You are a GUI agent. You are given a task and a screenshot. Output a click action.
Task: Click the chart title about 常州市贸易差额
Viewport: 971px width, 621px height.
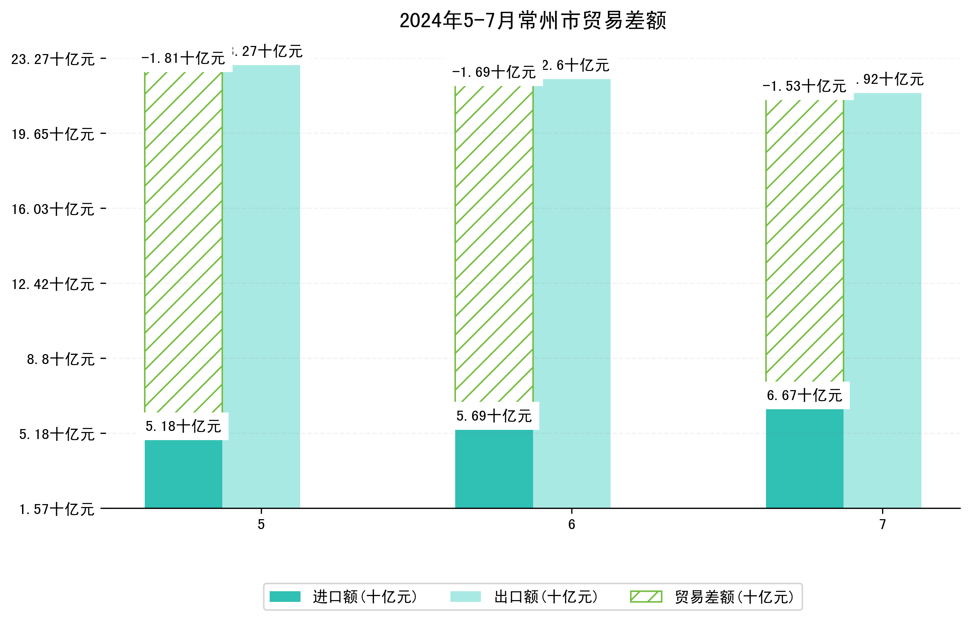coord(532,21)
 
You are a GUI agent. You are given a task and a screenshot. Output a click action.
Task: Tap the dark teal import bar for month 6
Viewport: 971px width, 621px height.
coord(494,468)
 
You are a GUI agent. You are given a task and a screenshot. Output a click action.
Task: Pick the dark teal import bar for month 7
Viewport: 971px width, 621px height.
coord(805,458)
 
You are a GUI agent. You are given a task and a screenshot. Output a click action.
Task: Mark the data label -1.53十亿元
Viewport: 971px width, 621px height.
coord(805,86)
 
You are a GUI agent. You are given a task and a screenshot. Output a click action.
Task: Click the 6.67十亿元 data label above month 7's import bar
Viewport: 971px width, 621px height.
coord(805,396)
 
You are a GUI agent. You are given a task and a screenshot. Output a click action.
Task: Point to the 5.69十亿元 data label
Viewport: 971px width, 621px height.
coord(494,416)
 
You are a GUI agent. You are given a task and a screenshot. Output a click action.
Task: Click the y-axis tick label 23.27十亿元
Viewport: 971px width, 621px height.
coord(53,59)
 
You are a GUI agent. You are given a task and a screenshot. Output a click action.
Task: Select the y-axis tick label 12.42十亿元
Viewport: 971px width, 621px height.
coord(53,285)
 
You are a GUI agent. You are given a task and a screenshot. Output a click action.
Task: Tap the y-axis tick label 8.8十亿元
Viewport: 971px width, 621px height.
coord(61,359)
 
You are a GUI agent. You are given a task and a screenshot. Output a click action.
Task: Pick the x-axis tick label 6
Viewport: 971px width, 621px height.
coord(571,525)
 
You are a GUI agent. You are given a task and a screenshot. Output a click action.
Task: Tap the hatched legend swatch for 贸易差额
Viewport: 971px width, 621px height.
coord(646,596)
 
